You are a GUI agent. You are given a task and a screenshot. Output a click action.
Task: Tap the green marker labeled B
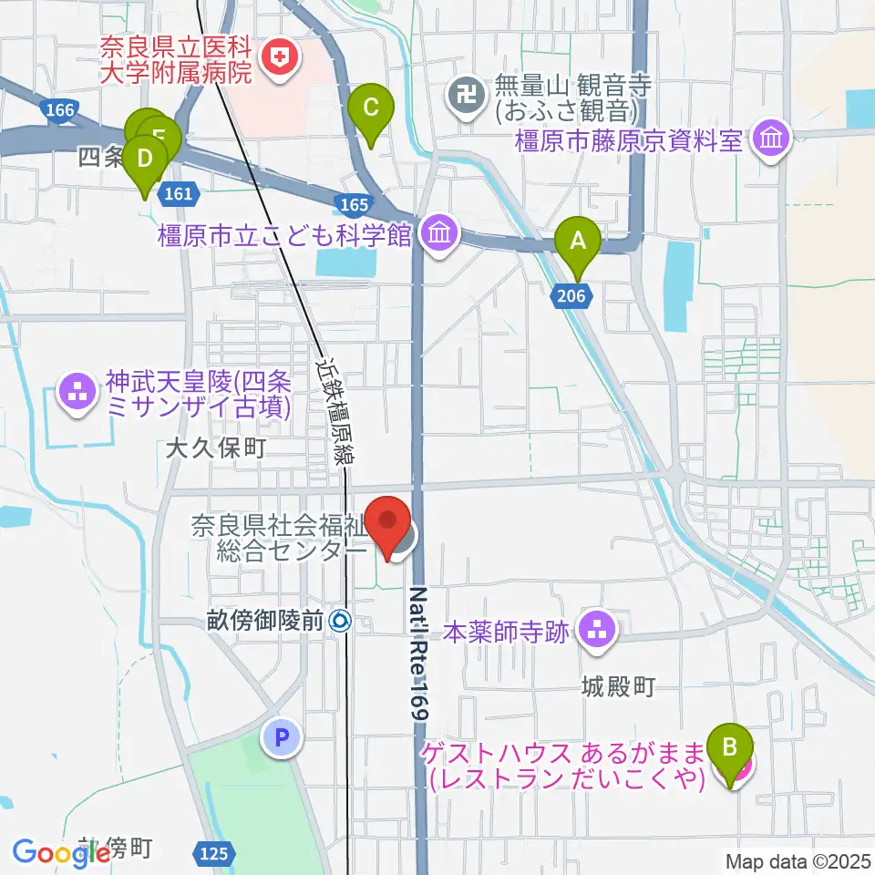point(729,747)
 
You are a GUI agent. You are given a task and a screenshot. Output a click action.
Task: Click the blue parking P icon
point(282,736)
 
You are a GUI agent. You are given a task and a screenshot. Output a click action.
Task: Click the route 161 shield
point(179,192)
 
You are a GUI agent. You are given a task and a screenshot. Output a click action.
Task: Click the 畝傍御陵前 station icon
point(341,623)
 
